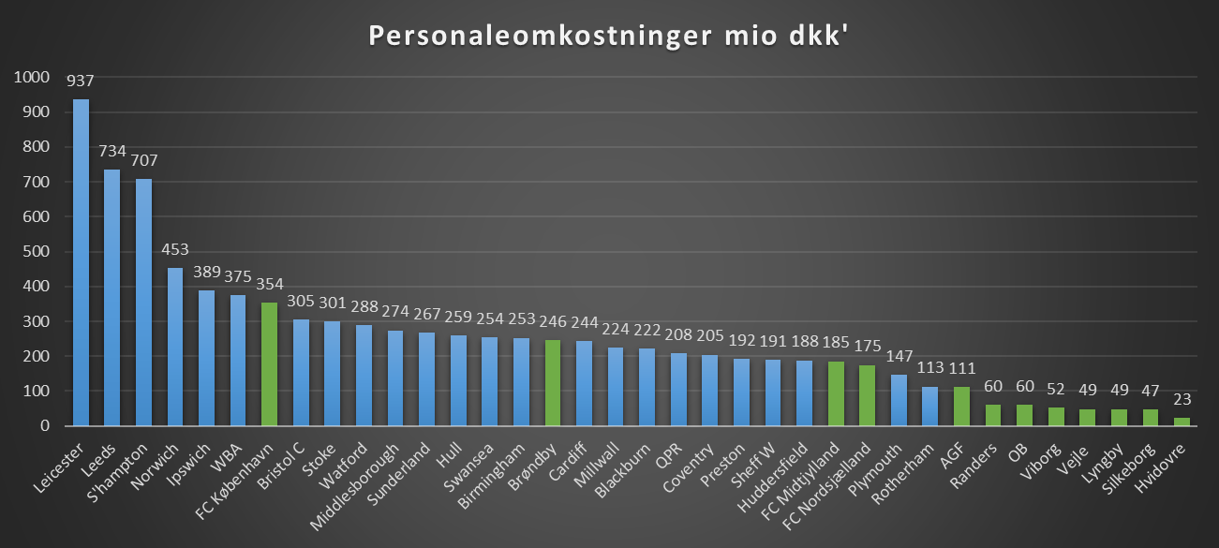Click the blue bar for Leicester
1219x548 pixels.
82,262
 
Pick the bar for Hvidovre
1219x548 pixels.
1182,422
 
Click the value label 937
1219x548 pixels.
82,81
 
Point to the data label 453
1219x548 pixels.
175,250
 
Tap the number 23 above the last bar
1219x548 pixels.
1182,400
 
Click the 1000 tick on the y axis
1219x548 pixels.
32,78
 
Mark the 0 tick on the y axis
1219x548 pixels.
45,426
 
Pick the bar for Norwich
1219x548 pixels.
175,347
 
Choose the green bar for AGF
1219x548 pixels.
962,407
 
